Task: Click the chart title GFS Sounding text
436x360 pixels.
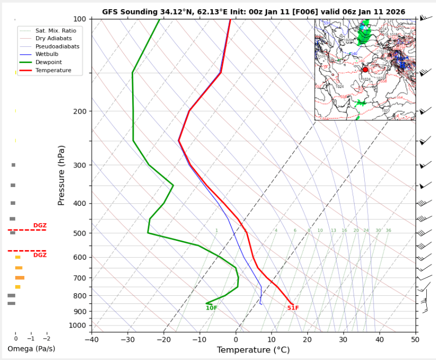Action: [x=253, y=12]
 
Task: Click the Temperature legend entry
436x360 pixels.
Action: [x=53, y=71]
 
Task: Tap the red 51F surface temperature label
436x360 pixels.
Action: [x=293, y=308]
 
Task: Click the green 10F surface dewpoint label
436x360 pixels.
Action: [x=211, y=308]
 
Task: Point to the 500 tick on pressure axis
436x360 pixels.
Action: [x=79, y=233]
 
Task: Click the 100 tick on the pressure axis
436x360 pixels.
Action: [x=79, y=19]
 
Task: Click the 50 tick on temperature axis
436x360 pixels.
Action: [x=415, y=339]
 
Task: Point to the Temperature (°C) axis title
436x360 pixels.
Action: [x=253, y=350]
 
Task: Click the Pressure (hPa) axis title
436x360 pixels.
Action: [x=61, y=175]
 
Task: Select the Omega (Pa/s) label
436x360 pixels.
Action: [x=31, y=349]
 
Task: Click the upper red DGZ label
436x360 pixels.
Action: [x=40, y=226]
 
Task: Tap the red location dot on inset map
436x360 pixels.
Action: [x=365, y=70]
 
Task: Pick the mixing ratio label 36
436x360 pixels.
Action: [x=388, y=231]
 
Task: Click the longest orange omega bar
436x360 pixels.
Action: [x=19, y=278]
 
